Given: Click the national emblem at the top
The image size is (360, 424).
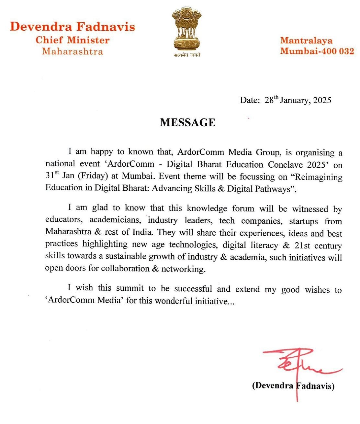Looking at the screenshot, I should [x=186, y=29].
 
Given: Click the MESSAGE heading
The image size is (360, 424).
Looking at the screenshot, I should [x=187, y=122].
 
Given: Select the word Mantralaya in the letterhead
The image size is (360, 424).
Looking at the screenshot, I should [x=306, y=40].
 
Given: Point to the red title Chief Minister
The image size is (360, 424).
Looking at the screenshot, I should [x=73, y=40].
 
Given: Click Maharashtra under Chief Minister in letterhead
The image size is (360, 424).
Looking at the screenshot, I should [x=73, y=51].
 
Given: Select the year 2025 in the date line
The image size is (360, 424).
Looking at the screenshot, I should [x=322, y=100].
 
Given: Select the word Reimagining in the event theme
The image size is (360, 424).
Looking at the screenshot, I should [x=318, y=177].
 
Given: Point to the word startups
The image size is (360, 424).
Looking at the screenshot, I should [x=303, y=221].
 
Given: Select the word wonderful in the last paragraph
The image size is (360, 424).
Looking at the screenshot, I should [x=173, y=301].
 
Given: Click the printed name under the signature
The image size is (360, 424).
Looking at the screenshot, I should [x=293, y=386].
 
